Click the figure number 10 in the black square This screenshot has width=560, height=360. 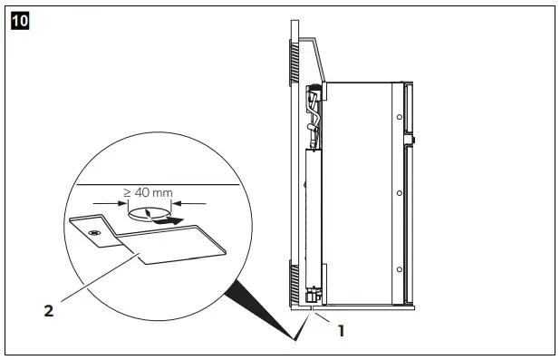18,18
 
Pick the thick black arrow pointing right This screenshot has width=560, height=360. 169,219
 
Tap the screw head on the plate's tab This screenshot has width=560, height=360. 93,232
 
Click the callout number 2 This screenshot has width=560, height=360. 48,309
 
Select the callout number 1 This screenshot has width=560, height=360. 341,330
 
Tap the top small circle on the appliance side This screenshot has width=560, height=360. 400,119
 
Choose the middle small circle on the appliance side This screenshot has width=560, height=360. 400,193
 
